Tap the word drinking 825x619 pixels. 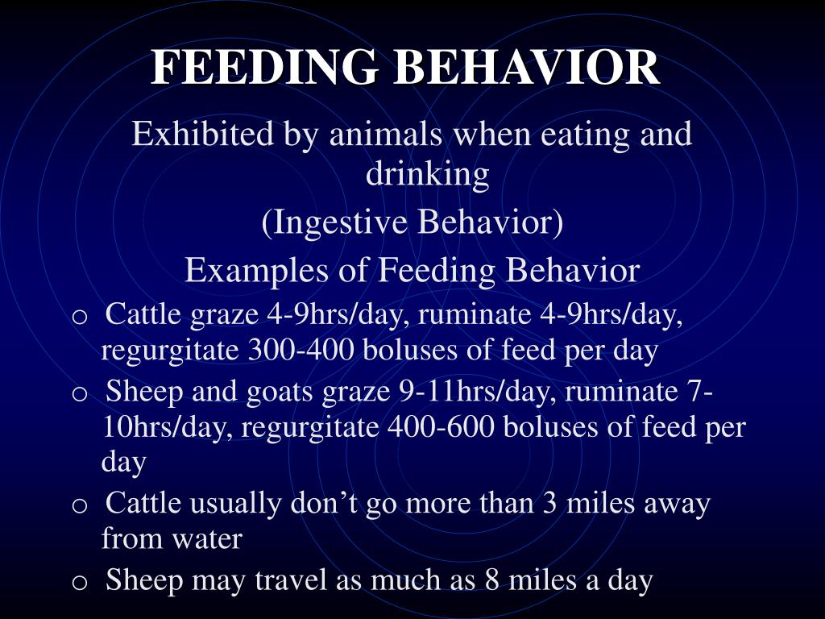click(428, 175)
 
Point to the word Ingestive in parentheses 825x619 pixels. click(341, 223)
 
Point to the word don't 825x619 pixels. click(323, 504)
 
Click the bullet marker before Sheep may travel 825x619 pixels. click(79, 582)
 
